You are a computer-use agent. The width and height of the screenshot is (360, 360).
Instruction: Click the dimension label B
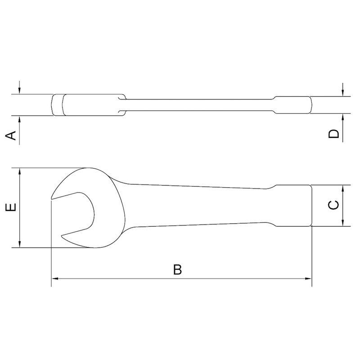(178, 270)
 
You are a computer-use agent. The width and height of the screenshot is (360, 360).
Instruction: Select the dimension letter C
(333, 205)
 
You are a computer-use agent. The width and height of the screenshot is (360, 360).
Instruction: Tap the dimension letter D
(333, 134)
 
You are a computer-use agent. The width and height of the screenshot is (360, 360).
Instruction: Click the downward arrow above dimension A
(20, 90)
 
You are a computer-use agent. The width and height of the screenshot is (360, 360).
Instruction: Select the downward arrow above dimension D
(343, 92)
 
